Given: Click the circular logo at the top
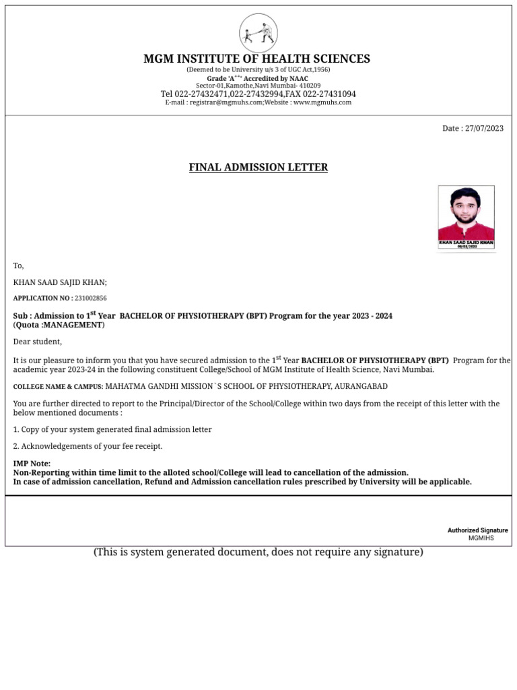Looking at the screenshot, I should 258,33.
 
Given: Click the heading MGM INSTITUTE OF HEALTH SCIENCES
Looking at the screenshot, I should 256,59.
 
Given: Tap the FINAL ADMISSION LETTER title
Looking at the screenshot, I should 258,167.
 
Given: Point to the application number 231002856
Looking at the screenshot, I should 90,298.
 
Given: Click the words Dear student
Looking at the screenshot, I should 38,342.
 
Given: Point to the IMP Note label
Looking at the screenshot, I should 32,464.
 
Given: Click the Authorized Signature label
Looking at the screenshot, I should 478,531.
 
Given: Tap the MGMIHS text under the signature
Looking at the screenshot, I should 481,538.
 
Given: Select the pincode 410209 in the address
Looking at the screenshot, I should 310,86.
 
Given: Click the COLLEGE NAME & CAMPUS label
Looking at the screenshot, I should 58,387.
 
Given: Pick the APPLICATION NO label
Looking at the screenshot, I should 42,298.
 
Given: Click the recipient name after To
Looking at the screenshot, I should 60,283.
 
